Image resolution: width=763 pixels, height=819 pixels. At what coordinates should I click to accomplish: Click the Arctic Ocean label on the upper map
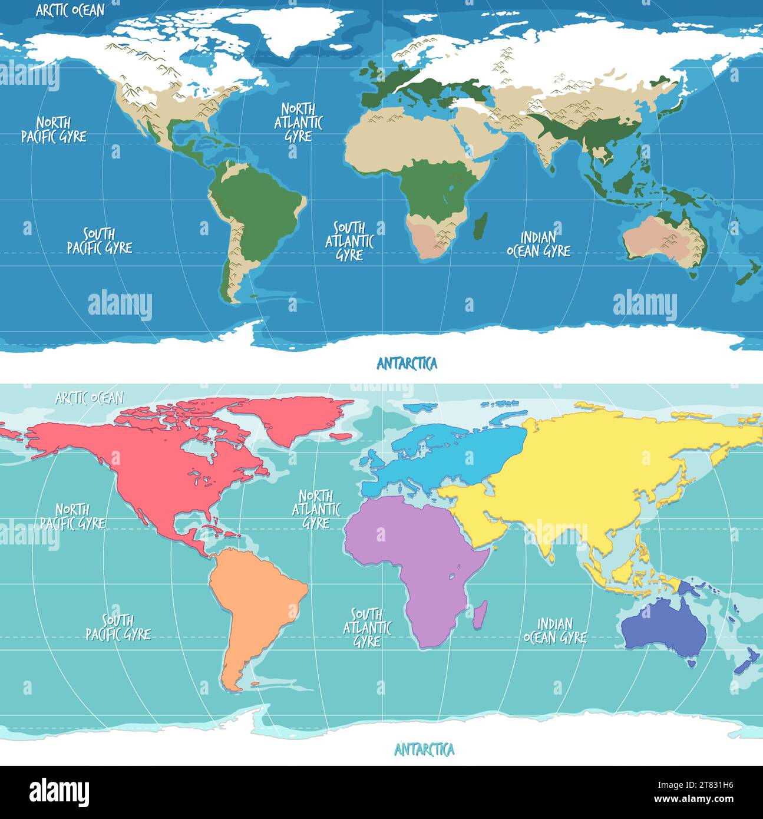(x=70, y=11)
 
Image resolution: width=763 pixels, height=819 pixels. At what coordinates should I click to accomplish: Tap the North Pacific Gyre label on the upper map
(x=54, y=130)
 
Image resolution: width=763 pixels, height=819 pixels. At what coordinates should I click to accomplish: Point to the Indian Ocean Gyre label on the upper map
(x=539, y=245)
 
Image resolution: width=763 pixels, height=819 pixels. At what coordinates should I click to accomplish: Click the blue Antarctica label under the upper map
(x=407, y=364)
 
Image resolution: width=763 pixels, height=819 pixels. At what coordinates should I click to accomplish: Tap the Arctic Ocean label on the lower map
(x=89, y=398)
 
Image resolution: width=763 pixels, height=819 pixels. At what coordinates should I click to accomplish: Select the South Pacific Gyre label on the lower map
(x=118, y=628)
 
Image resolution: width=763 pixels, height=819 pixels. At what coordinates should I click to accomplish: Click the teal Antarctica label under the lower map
(x=424, y=750)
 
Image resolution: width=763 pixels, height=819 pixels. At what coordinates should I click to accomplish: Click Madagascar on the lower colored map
(x=480, y=615)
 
